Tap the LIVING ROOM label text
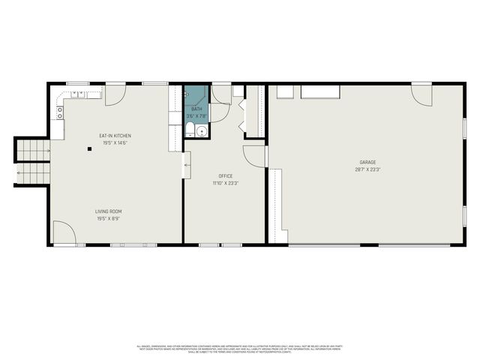(108, 211)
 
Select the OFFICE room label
(223, 175)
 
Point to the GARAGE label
(367, 162)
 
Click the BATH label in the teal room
(196, 109)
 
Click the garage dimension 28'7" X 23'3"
(367, 169)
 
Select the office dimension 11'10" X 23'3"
(223, 183)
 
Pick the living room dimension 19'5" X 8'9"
(108, 218)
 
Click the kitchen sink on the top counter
(78, 94)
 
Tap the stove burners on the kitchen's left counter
(59, 113)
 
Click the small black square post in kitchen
(89, 148)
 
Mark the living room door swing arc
(63, 231)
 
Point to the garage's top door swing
(422, 94)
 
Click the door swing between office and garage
(254, 154)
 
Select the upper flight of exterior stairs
(31, 151)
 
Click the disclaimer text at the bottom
(240, 348)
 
